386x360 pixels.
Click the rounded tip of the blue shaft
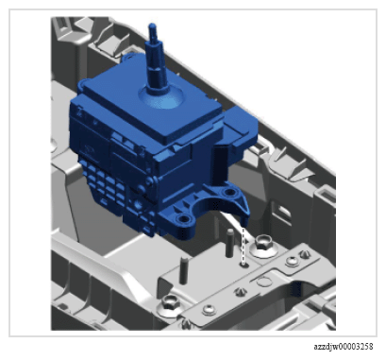152,26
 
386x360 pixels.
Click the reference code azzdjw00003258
344,347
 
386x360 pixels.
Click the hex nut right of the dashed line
263,245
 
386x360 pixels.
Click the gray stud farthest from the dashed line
183,270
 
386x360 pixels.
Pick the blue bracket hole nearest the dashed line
228,192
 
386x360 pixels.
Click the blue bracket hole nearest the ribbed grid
183,218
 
